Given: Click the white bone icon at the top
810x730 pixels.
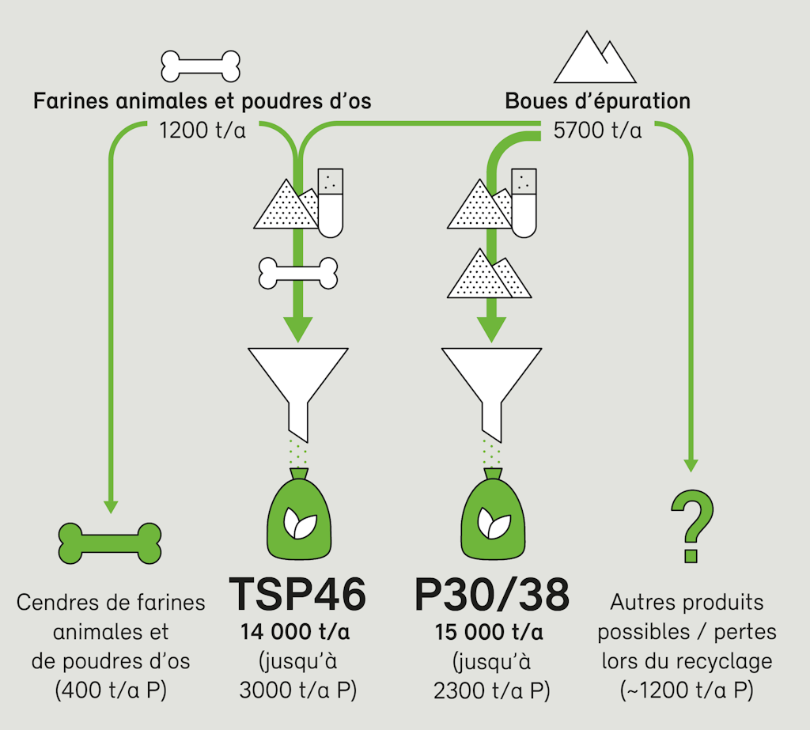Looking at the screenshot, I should (x=201, y=66).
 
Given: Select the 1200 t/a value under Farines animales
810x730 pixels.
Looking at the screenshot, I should (x=202, y=130).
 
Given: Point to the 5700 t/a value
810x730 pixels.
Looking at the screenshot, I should (x=597, y=130).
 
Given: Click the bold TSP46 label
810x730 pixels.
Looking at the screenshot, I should (x=297, y=596).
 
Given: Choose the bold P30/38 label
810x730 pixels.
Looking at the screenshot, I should (x=491, y=596).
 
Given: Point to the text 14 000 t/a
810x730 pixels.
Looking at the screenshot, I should (x=297, y=633).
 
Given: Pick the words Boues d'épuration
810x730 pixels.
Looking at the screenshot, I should (x=597, y=102).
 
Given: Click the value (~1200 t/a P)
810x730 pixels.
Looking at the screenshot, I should (x=687, y=690).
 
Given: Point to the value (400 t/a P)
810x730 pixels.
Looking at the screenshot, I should (x=111, y=690).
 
